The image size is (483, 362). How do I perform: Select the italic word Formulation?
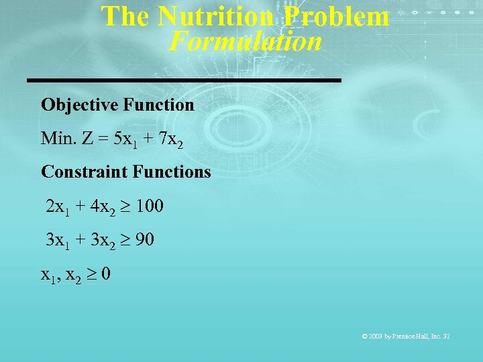click(x=245, y=42)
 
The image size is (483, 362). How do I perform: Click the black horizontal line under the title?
click(x=184, y=80)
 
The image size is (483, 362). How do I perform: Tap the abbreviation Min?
click(x=56, y=139)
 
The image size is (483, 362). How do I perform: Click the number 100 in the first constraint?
click(x=149, y=206)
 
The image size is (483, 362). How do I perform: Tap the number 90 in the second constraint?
click(x=144, y=239)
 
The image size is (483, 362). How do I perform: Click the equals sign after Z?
click(x=101, y=139)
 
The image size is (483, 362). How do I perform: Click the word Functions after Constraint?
click(x=172, y=172)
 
